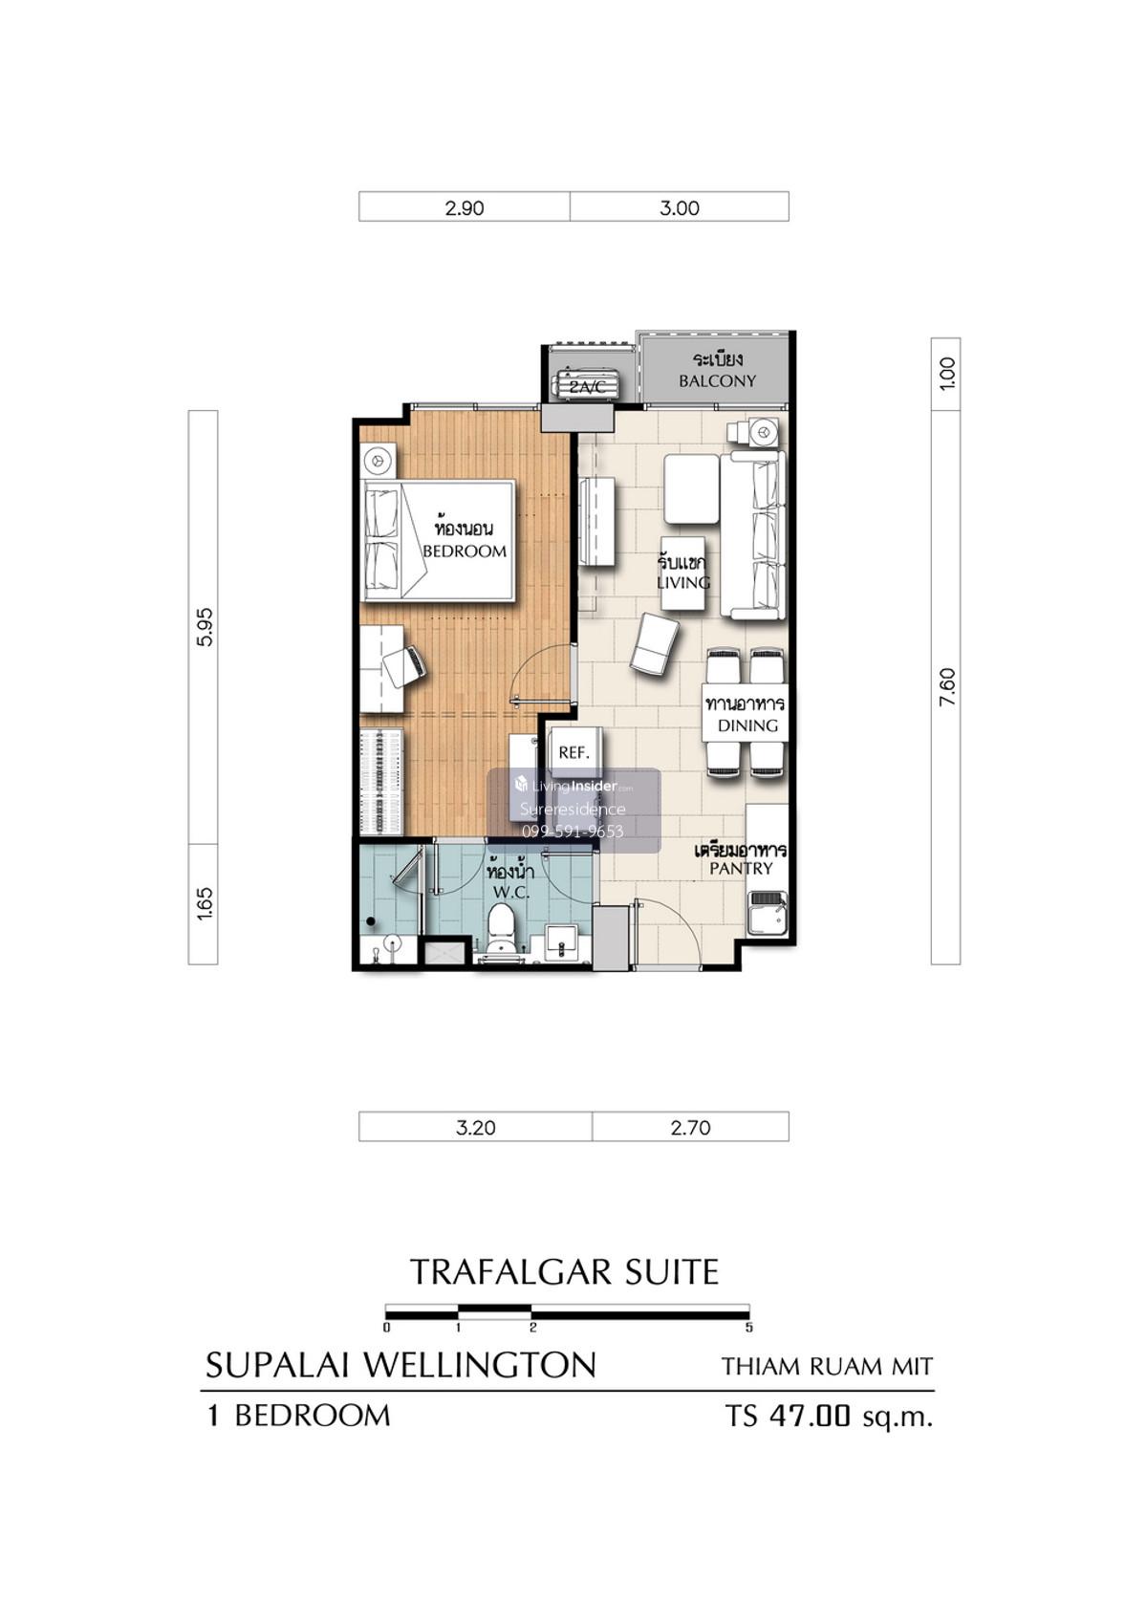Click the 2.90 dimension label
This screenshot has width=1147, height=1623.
[464, 208]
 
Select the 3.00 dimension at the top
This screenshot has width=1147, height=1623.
[679, 208]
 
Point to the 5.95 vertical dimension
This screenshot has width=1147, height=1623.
[206, 627]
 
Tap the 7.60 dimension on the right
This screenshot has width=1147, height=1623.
[946, 687]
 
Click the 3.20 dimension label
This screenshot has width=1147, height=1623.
[475, 1128]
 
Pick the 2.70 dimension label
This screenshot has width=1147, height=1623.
[690, 1128]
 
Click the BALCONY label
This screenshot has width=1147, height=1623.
[717, 381]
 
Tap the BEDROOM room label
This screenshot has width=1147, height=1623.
[465, 551]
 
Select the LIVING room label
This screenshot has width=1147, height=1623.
[683, 582]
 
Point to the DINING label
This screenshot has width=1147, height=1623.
[747, 725]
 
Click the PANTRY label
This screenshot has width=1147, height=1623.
[741, 868]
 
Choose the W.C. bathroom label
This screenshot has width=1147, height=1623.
[510, 892]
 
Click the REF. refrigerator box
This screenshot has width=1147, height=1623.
[573, 752]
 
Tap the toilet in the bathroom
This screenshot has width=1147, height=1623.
[501, 933]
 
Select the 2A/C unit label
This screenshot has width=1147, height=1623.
[586, 387]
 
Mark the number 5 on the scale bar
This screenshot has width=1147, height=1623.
[748, 1328]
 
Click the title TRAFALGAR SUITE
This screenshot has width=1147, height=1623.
[564, 1271]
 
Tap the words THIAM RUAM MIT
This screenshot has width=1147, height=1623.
[827, 1367]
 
